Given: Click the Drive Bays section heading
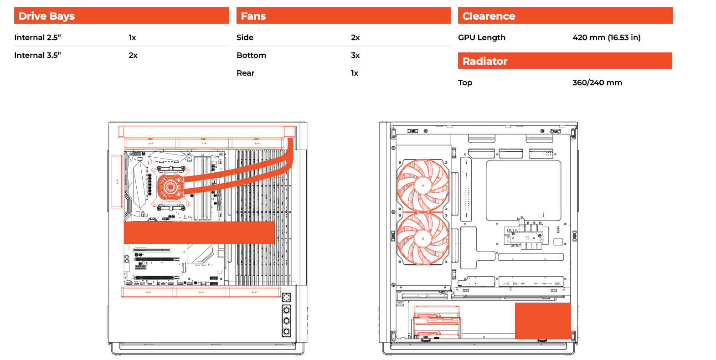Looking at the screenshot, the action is click(x=46, y=16).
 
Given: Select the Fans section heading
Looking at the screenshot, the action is click(x=253, y=16).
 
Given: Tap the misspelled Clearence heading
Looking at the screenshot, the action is click(x=489, y=16).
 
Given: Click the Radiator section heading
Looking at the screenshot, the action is click(x=485, y=61).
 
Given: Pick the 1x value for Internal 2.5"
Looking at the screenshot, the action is click(x=132, y=37).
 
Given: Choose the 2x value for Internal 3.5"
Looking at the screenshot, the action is click(x=133, y=55).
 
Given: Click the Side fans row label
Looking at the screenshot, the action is click(x=245, y=37).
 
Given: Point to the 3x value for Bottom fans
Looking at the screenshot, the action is click(x=355, y=55).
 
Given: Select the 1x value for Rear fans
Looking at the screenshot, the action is click(x=355, y=73).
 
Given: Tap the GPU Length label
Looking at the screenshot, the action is click(x=482, y=38).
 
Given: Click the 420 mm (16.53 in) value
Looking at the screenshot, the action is click(x=606, y=38).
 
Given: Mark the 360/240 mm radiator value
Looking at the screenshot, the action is click(x=597, y=83).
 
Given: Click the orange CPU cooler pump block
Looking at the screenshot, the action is click(x=171, y=187).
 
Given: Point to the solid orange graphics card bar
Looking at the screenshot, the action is click(x=199, y=233).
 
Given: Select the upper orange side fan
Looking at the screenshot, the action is click(x=423, y=185).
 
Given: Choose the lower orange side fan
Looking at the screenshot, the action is click(x=423, y=238).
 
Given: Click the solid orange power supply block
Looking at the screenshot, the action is click(x=543, y=321).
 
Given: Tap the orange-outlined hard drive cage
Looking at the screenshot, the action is click(x=437, y=322).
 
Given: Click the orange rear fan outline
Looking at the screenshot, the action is click(x=117, y=181).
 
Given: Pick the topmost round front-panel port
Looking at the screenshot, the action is click(x=286, y=298).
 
